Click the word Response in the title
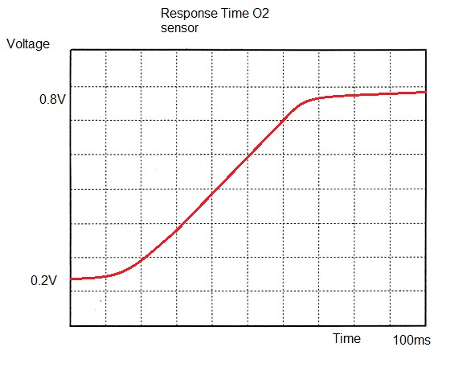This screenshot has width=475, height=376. (189, 14)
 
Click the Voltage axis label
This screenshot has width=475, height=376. (28, 43)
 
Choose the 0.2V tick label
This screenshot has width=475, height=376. (45, 280)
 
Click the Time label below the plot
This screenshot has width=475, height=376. (347, 338)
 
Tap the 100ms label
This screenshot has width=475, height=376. (411, 341)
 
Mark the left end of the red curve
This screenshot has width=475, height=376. (72, 279)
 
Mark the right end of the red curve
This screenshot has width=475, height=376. (424, 92)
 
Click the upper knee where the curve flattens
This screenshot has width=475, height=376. (304, 102)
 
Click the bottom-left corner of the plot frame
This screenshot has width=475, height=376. (72, 326)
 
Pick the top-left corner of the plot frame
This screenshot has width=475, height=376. (72, 51)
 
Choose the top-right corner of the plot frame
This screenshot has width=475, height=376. (425, 51)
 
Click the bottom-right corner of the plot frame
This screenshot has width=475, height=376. (425, 326)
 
